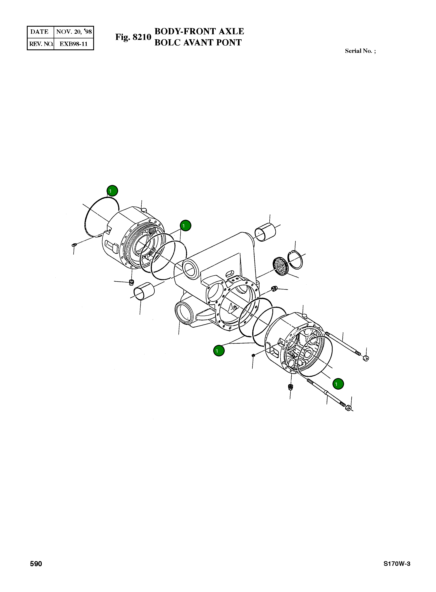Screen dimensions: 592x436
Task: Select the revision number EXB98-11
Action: (73, 44)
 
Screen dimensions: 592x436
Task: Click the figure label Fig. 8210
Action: (133, 37)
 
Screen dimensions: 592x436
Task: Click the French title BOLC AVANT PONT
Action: (198, 43)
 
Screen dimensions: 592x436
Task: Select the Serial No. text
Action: (360, 51)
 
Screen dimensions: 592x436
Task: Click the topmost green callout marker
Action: (112, 191)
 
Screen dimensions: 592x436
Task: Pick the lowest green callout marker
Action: (338, 384)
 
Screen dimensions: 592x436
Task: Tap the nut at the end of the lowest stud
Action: (348, 408)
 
